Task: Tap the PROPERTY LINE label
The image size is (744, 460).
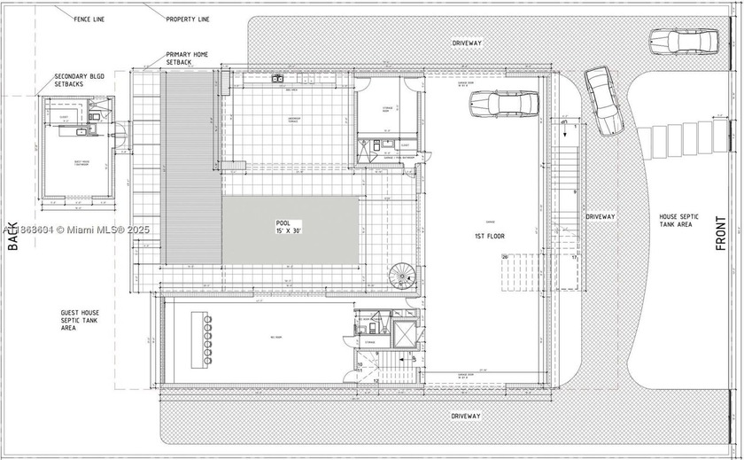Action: coord(188,18)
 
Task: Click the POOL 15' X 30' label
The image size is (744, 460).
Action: coord(289,228)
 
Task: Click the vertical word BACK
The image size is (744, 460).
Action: coord(12,236)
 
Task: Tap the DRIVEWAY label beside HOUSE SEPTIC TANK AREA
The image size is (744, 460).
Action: coord(600,216)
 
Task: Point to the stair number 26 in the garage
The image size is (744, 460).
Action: coord(506,258)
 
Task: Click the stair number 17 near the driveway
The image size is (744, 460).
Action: coord(574,258)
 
